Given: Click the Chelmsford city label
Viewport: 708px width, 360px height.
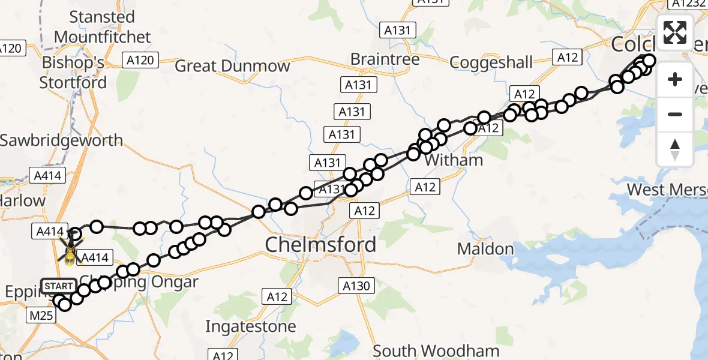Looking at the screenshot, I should [x=320, y=244].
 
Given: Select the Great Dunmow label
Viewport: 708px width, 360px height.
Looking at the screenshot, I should [x=232, y=66].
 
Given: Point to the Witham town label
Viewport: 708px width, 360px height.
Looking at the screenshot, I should [x=453, y=160].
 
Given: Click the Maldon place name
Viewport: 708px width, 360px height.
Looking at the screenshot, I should [x=485, y=248].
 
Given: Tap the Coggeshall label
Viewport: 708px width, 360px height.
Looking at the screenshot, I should [x=490, y=62].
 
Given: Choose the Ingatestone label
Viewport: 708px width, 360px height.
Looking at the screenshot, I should [x=250, y=326].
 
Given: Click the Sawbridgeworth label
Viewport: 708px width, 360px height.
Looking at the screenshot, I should [x=61, y=140].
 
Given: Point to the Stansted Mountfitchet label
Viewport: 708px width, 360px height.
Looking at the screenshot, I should [x=102, y=27].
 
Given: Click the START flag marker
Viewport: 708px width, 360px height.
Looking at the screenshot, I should [x=59, y=286].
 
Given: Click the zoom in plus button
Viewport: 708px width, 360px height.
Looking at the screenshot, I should [x=675, y=79].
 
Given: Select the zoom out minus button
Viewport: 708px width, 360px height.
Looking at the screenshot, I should [x=675, y=114].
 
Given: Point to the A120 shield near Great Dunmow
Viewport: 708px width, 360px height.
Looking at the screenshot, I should [x=140, y=59].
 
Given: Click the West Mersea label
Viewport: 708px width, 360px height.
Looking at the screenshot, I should [x=666, y=190].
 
